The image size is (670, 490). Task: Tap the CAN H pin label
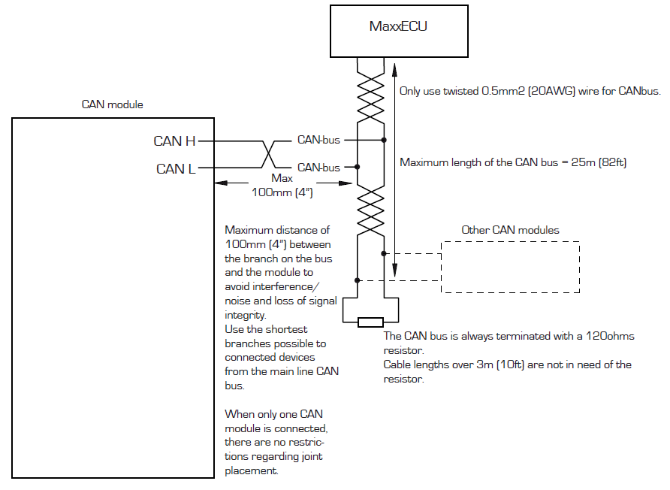pyautogui.click(x=174, y=141)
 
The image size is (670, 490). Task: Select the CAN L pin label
pyautogui.click(x=176, y=168)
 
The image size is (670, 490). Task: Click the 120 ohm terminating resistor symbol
pyautogui.click(x=370, y=323)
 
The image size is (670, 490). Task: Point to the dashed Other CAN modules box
pyautogui.click(x=510, y=267)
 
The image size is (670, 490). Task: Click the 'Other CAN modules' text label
pyautogui.click(x=510, y=229)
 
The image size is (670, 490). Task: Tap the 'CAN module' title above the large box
pyautogui.click(x=112, y=104)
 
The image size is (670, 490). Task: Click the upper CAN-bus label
pyautogui.click(x=318, y=140)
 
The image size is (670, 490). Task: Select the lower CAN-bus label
pyautogui.click(x=318, y=168)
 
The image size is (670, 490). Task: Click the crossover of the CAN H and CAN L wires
pyautogui.click(x=267, y=154)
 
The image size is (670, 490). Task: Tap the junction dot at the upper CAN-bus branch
pyautogui.click(x=384, y=140)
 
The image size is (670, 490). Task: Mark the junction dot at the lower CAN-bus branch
pyautogui.click(x=357, y=168)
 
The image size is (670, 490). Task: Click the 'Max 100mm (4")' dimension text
pyautogui.click(x=281, y=186)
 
